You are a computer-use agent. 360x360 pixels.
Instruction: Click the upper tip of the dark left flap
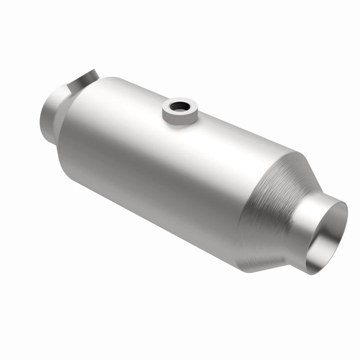click(94, 71)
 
